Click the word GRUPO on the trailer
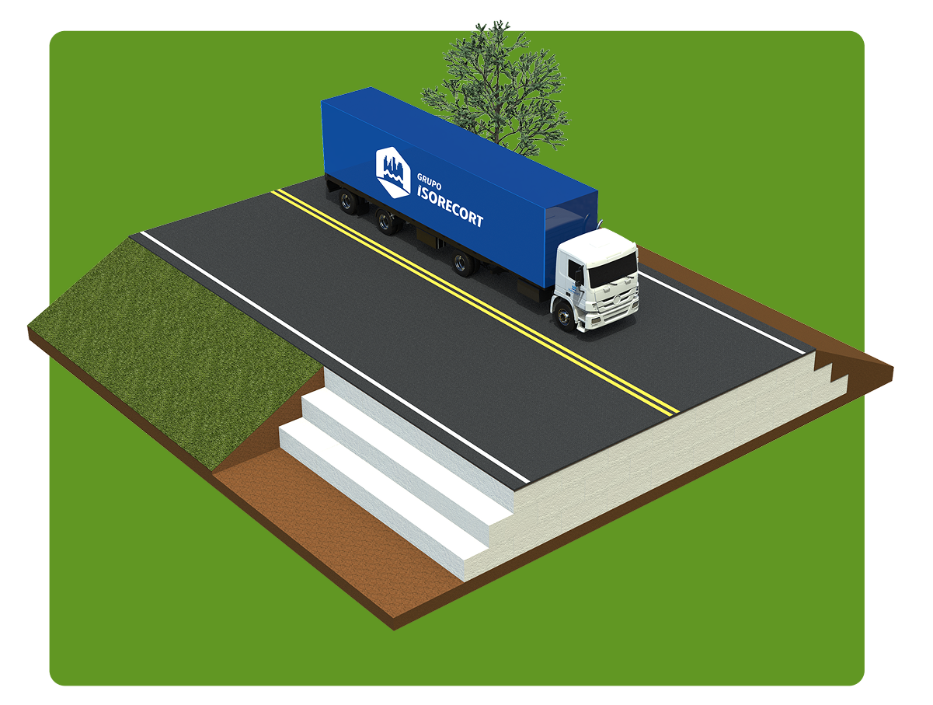coord(430,181)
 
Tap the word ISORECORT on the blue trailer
coord(449,206)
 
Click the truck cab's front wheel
coord(563,316)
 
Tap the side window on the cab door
coord(576,271)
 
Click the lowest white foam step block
coord(373,497)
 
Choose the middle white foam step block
coord(396,459)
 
